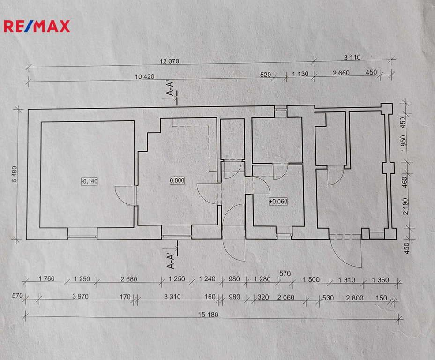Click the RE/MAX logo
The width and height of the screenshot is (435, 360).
[x=37, y=26]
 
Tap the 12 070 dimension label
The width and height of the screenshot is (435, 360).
[x=169, y=61]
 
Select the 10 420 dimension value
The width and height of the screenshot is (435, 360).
[x=144, y=76]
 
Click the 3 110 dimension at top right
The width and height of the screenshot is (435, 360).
[x=352, y=57]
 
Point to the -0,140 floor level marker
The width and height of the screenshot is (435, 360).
[x=90, y=181]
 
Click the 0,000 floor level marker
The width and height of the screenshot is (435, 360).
[x=177, y=180]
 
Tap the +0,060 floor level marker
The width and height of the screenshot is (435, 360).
[x=278, y=202]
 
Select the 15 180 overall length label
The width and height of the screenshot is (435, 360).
[x=208, y=315]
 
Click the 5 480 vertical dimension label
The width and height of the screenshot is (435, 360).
[x=15, y=174]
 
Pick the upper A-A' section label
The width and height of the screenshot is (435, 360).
[x=170, y=89]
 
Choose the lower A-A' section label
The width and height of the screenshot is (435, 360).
[x=171, y=261]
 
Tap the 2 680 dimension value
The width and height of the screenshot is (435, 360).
[x=129, y=279]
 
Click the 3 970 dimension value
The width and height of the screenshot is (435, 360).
[x=81, y=297]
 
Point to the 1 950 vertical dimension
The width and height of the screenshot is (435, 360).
[x=403, y=143]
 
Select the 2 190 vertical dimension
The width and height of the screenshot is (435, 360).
[x=405, y=206]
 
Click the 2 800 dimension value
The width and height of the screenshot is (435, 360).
[x=354, y=298]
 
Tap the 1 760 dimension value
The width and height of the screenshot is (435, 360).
[x=46, y=278]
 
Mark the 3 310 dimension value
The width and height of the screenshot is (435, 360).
[x=172, y=297]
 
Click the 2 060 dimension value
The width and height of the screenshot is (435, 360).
[x=286, y=297]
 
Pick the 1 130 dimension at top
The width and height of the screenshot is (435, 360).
[x=300, y=74]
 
